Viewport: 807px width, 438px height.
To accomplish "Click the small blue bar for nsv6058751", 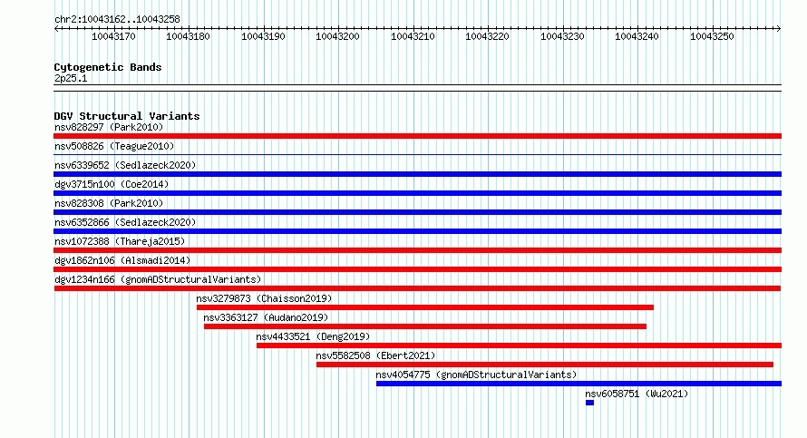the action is coord(589,403).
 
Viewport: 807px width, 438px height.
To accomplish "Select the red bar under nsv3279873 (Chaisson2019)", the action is coord(425,307).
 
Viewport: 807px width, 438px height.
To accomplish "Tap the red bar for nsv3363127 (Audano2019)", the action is coord(425,326).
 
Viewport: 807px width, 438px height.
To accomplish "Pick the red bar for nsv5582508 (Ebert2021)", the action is coord(545,365).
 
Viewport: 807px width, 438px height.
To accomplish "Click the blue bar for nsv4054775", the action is coord(579,384).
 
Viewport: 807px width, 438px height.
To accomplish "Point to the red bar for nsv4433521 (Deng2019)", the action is coord(520,346).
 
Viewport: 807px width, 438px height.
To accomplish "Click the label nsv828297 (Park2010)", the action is coord(109,127).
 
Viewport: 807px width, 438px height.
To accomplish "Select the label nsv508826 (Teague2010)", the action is coord(114,146).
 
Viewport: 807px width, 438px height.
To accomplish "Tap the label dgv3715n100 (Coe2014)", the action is coord(112,184).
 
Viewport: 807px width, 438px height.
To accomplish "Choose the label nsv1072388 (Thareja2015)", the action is coord(120,241).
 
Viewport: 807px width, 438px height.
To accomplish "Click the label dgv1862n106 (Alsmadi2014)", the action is coord(122,260).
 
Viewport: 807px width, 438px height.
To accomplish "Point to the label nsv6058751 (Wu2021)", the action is coord(637,394).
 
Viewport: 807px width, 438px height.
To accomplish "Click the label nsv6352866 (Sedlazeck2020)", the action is coord(125,222).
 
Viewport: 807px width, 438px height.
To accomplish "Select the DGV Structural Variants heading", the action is coord(127,116).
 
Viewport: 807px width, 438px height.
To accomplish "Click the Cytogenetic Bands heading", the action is coord(108,67).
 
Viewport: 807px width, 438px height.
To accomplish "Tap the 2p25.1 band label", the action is coord(71,79).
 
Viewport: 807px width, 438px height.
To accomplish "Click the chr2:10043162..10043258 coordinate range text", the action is coord(117,20).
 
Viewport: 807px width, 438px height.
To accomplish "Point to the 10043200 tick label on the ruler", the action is coord(337,36).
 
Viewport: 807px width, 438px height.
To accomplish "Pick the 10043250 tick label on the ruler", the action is coord(712,36).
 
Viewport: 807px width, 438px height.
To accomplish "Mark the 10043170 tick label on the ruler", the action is coord(113,36).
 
